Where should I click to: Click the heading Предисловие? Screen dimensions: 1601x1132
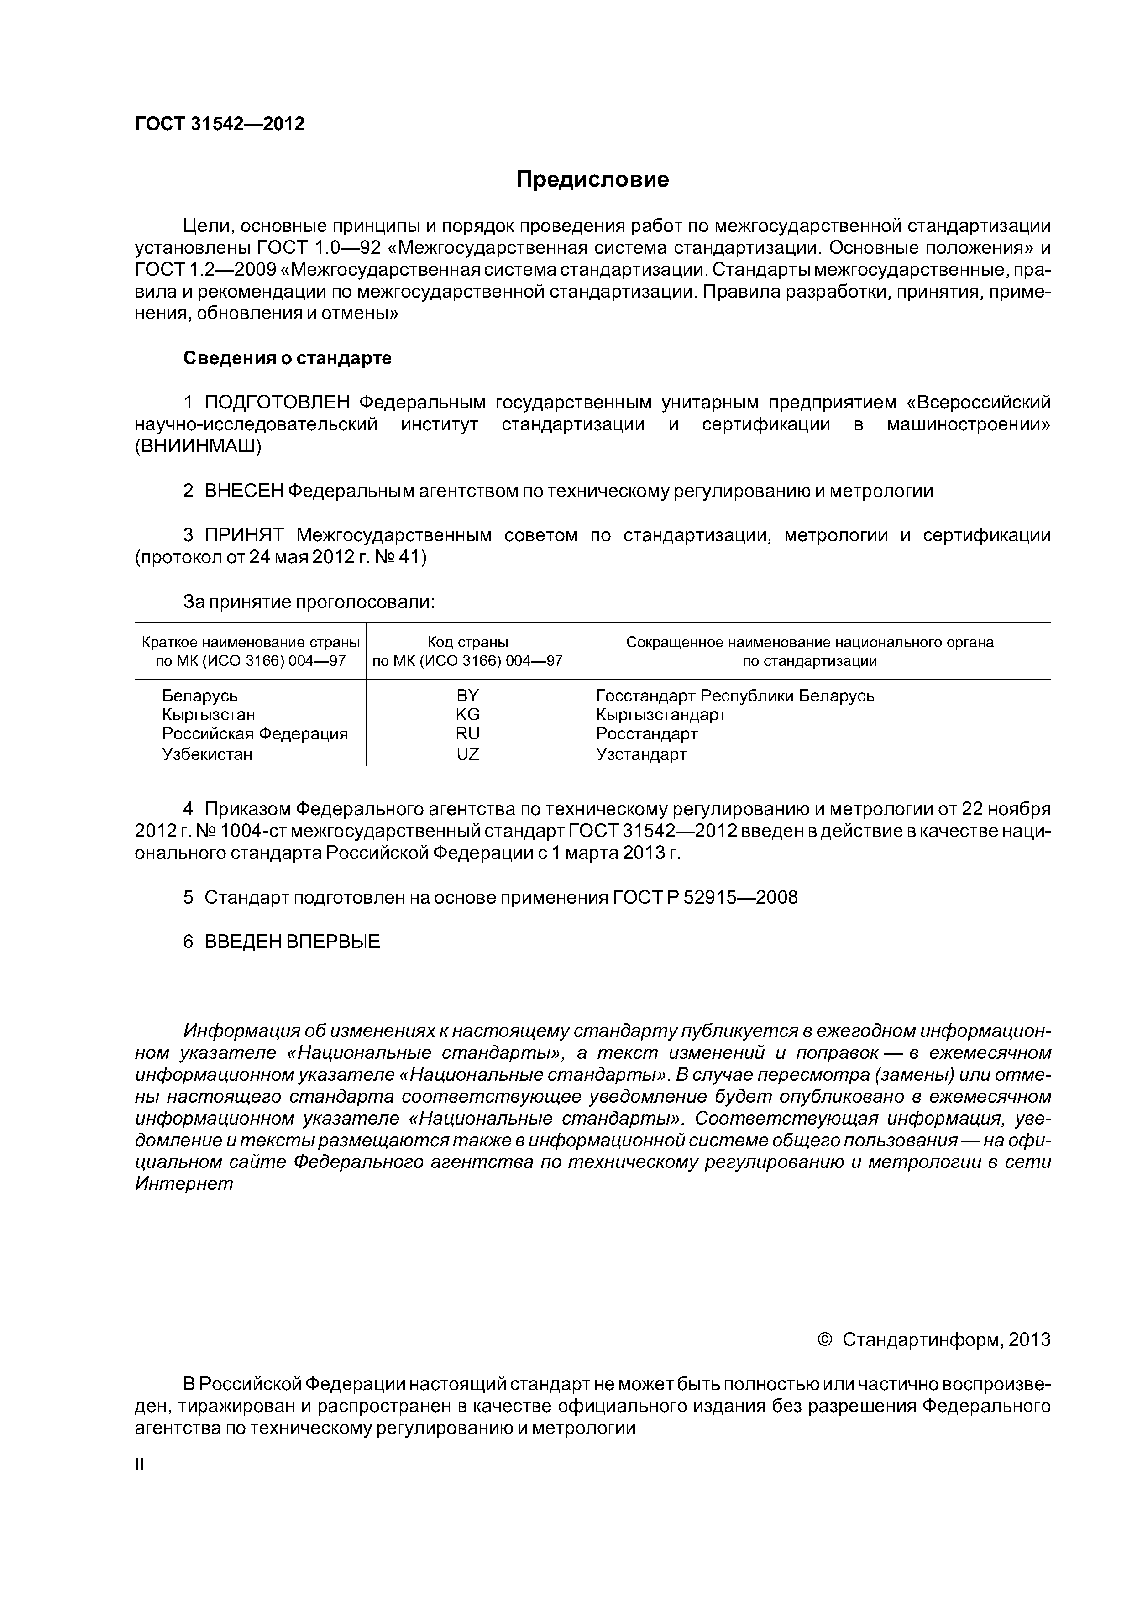(x=592, y=180)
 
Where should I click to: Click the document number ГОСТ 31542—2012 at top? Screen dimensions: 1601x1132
(x=220, y=124)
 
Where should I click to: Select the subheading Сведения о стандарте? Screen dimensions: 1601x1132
(x=288, y=358)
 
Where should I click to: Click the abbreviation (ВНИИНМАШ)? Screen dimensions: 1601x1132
(x=198, y=447)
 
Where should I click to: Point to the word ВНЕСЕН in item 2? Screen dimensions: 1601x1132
(x=243, y=491)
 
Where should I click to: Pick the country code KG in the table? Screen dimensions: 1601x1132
(x=467, y=715)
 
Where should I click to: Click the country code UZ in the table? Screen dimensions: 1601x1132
(x=467, y=754)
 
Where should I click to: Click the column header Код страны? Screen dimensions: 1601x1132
(x=467, y=642)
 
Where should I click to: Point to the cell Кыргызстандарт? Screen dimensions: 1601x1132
(x=661, y=715)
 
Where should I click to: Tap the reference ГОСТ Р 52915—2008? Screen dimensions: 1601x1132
(x=705, y=897)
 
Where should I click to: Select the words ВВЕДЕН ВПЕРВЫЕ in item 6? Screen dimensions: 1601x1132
(x=292, y=942)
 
